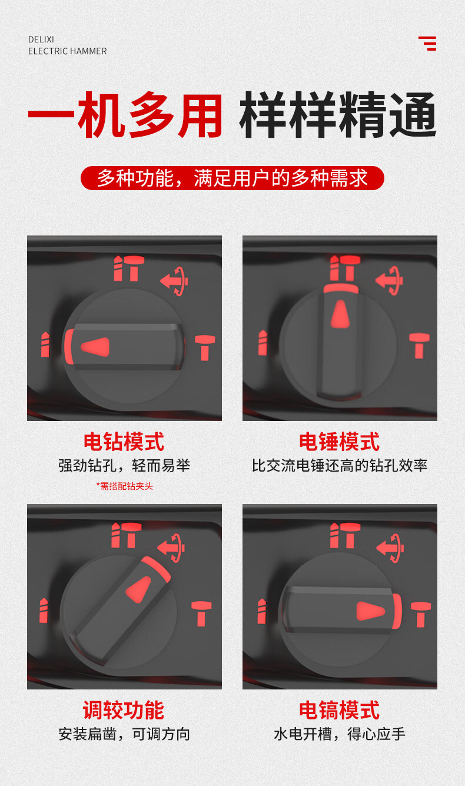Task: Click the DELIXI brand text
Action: click(41, 39)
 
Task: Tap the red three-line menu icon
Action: click(427, 44)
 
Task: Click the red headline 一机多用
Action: click(125, 115)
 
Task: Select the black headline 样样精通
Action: click(338, 115)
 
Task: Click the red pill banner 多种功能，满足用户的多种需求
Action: click(232, 178)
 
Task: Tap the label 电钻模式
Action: click(124, 442)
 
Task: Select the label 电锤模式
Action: click(340, 442)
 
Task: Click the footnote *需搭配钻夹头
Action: click(125, 486)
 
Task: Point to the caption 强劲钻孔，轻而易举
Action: click(124, 466)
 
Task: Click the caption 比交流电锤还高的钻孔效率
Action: click(340, 466)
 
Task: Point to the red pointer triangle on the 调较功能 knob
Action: click(139, 589)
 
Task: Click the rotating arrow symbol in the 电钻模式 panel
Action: click(174, 281)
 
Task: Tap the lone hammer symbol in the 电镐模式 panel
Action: click(421, 615)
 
